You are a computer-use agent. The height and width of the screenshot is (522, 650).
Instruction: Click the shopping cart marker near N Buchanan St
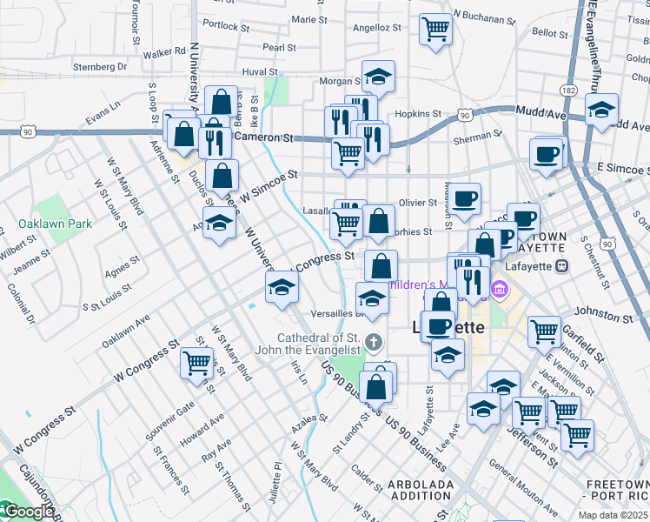(434, 28)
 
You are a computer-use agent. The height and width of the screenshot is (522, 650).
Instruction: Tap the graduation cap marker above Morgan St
(378, 77)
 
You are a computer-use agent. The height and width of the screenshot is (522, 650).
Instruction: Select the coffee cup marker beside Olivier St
(464, 198)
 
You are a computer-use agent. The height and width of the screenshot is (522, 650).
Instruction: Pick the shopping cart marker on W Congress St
(197, 362)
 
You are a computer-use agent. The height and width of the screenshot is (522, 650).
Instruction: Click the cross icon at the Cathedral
(374, 340)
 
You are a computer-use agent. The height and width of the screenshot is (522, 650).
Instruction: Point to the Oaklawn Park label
(56, 224)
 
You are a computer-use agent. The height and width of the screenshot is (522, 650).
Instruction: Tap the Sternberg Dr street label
(100, 65)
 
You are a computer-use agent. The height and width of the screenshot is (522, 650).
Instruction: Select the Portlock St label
(223, 26)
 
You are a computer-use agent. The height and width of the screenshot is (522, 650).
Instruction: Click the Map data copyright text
(613, 515)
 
